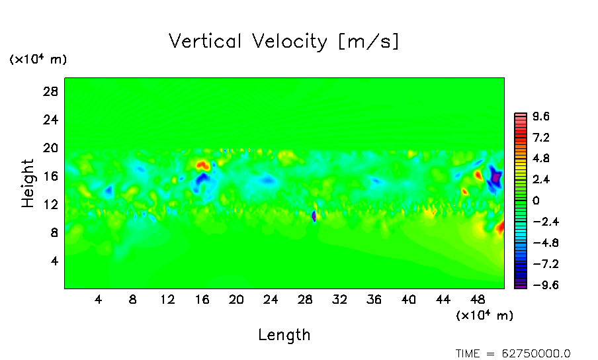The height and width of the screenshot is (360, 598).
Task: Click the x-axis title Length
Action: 284,335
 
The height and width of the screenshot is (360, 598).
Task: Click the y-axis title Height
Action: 28,183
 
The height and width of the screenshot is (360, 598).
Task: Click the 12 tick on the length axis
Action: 167,299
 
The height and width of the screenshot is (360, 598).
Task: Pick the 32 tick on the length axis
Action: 340,299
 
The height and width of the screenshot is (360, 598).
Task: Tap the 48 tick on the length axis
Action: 478,299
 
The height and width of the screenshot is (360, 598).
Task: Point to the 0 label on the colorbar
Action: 536,201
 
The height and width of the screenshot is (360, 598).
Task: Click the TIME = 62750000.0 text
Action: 513,353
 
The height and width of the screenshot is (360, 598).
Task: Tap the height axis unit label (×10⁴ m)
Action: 38,60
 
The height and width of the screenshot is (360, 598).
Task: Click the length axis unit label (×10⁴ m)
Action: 484,316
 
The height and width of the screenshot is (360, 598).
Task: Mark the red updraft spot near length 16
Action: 202,164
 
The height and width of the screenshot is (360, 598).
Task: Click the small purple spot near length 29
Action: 314,216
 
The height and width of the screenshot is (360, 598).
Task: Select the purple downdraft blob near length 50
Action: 495,178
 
